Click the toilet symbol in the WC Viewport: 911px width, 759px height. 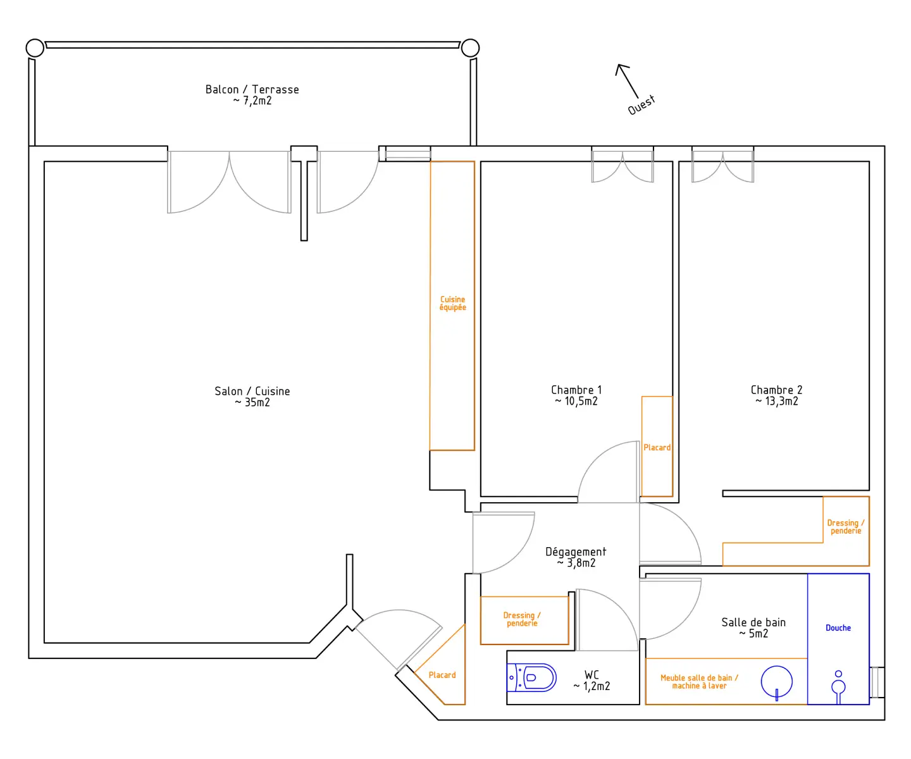pyautogui.click(x=531, y=677)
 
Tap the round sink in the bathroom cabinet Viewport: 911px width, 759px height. pyautogui.click(x=776, y=682)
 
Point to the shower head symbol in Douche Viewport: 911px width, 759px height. pyautogui.click(x=838, y=687)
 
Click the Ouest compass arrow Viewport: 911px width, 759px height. pyautogui.click(x=626, y=81)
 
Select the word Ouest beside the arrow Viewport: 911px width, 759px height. pyautogui.click(x=641, y=105)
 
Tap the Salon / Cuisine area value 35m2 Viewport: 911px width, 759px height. pyautogui.click(x=257, y=402)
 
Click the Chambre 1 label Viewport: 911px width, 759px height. pyautogui.click(x=576, y=390)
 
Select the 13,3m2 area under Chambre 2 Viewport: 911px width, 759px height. pyautogui.click(x=781, y=401)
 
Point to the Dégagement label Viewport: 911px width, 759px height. pyautogui.click(x=576, y=552)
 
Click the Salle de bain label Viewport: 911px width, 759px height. pyautogui.click(x=753, y=622)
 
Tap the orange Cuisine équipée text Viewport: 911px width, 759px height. pyautogui.click(x=452, y=303)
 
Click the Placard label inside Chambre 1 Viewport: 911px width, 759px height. pyautogui.click(x=657, y=448)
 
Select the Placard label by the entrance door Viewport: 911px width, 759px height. pyautogui.click(x=442, y=675)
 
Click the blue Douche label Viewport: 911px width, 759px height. pyautogui.click(x=838, y=627)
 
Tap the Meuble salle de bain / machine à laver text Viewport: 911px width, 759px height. pyautogui.click(x=699, y=681)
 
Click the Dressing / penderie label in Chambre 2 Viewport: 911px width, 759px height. pyautogui.click(x=846, y=526)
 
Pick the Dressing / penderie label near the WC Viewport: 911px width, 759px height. pyautogui.click(x=522, y=619)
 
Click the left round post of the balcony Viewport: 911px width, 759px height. pyautogui.click(x=35, y=48)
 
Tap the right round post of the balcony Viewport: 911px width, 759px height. pyautogui.click(x=470, y=48)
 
